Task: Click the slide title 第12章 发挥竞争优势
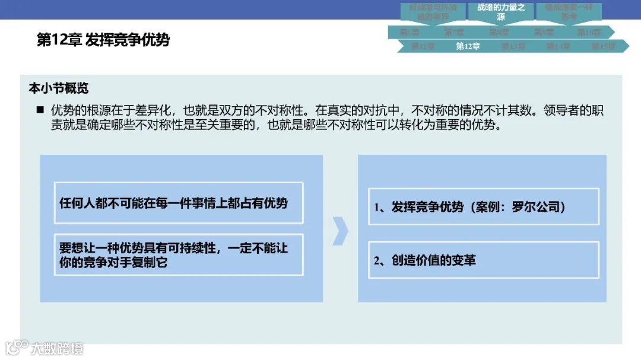pyautogui.click(x=103, y=40)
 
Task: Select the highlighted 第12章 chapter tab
pyautogui.click(x=468, y=46)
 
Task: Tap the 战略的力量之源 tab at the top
pyautogui.click(x=501, y=12)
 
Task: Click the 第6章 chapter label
pyautogui.click(x=410, y=32)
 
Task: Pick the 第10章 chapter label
pyautogui.click(x=589, y=32)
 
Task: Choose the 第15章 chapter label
pyautogui.click(x=603, y=46)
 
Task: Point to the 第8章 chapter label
pyautogui.click(x=499, y=32)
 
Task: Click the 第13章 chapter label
pyautogui.click(x=513, y=46)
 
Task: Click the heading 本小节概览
pyautogui.click(x=59, y=88)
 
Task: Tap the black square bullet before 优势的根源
pyautogui.click(x=40, y=110)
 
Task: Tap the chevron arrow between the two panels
pyautogui.click(x=340, y=230)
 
